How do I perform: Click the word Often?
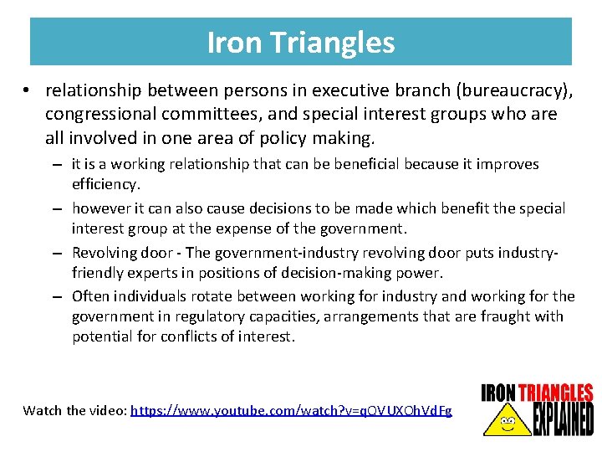coord(90,295)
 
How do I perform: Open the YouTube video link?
coord(291,410)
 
